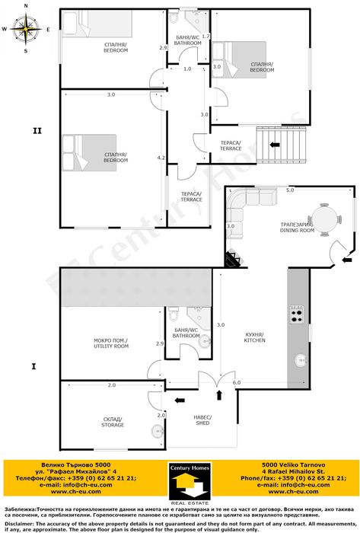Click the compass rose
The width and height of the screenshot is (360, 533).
click(x=25, y=28)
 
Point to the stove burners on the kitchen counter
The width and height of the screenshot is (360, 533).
click(x=296, y=312)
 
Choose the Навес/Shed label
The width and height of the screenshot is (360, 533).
click(x=205, y=421)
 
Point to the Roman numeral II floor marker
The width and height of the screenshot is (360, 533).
click(x=37, y=130)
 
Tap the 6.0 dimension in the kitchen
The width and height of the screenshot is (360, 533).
click(x=237, y=382)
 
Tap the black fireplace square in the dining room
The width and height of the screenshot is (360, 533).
click(x=231, y=259)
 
